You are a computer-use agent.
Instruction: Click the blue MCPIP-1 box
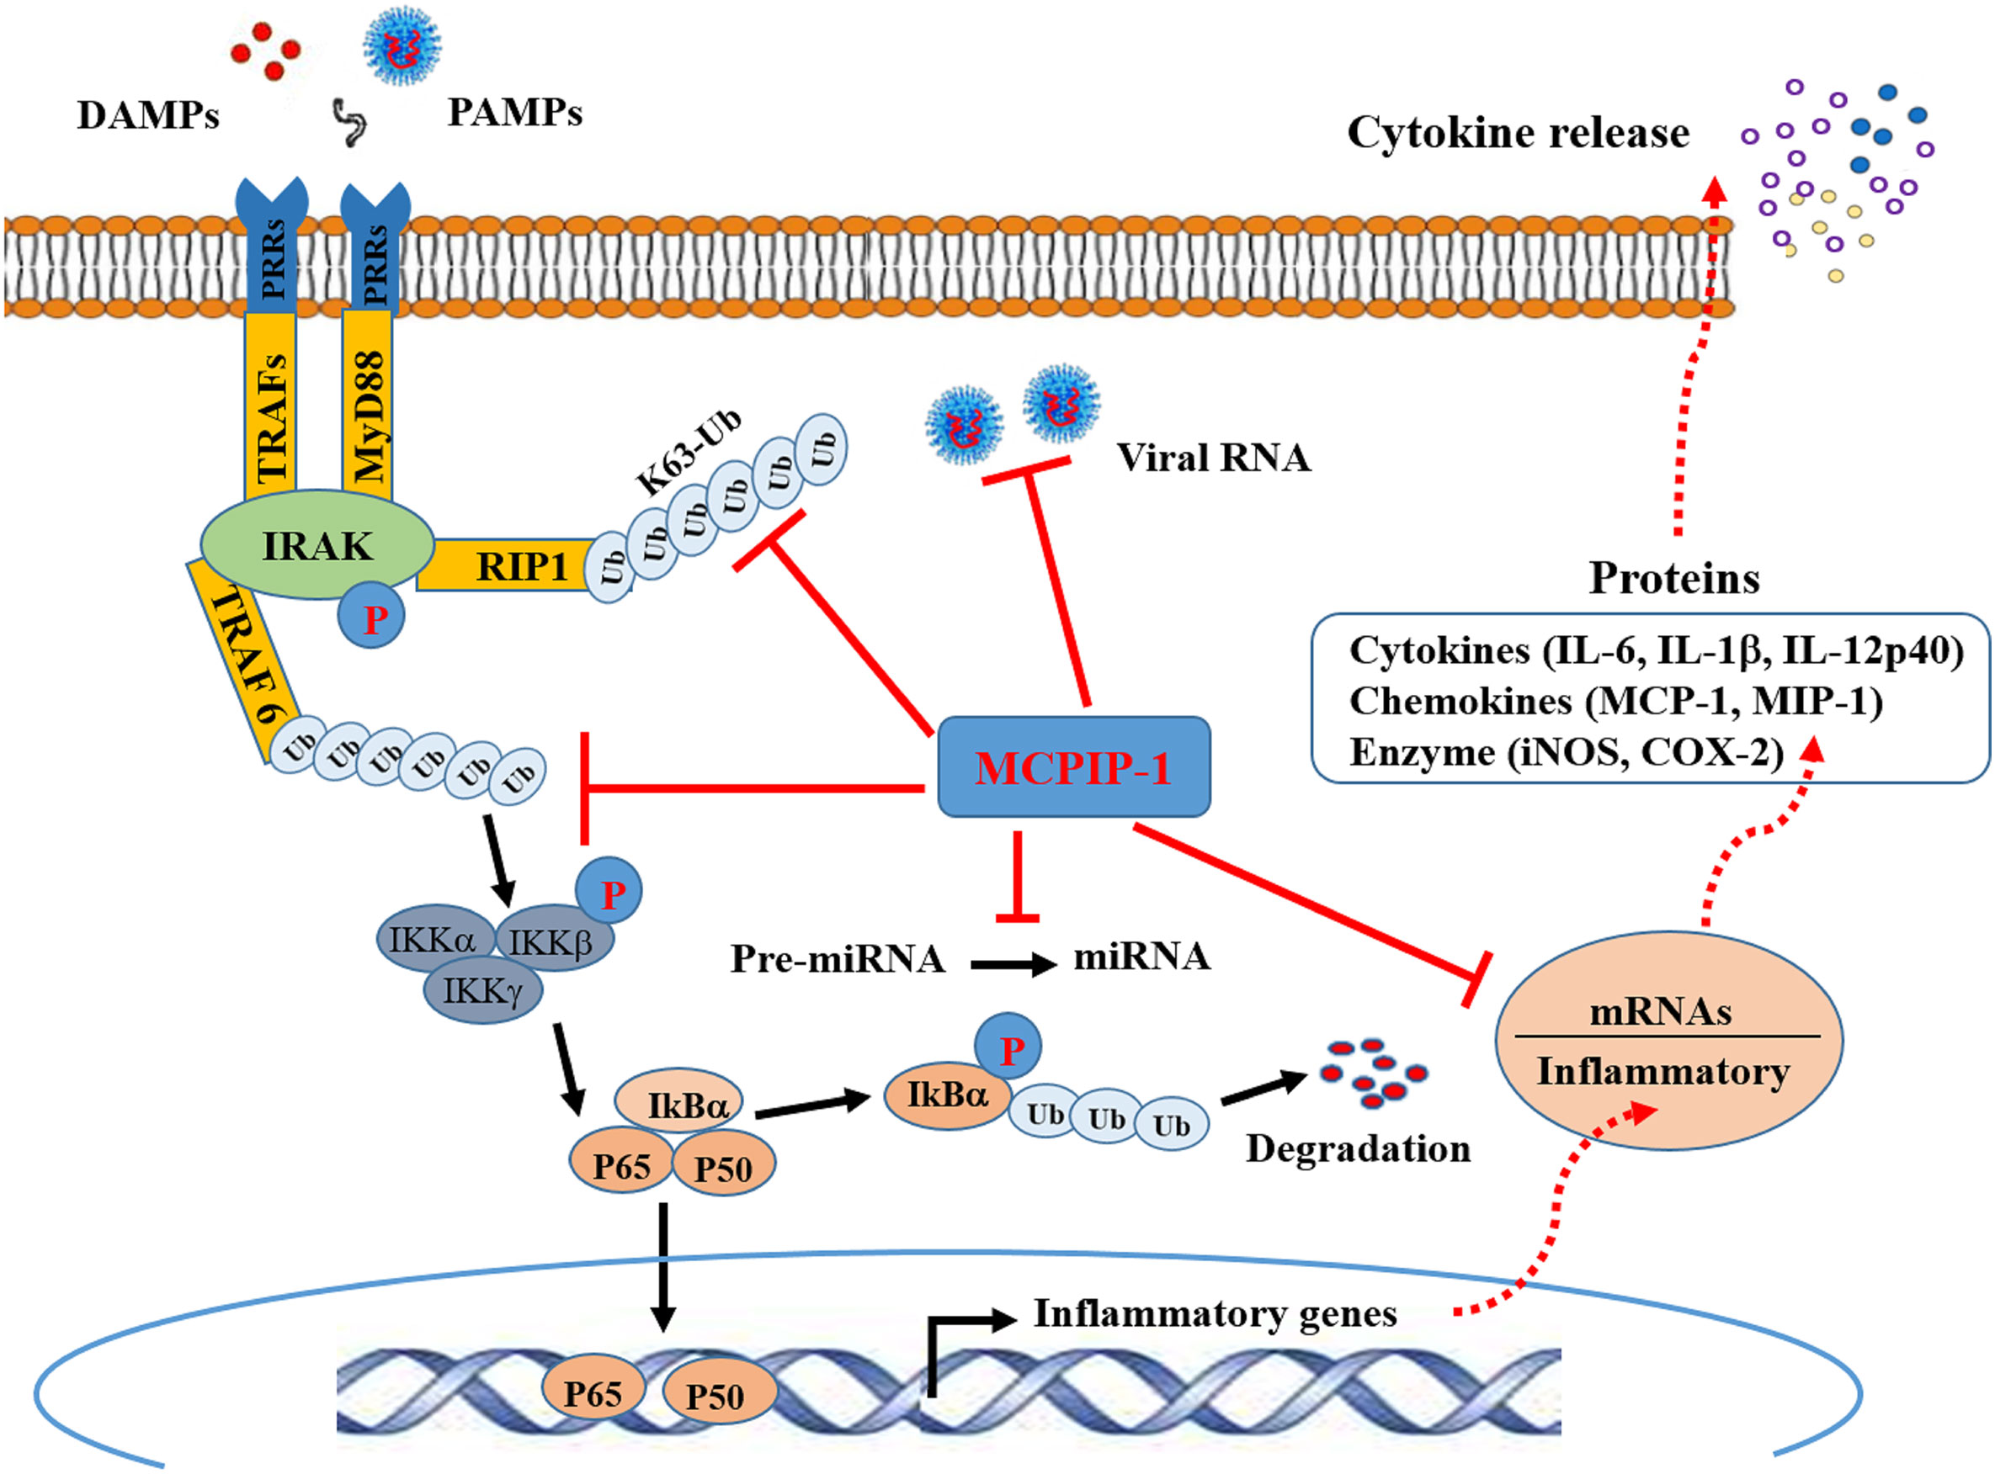pos(1073,766)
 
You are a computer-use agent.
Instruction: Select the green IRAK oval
pos(317,544)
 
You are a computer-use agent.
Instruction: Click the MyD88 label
pos(368,416)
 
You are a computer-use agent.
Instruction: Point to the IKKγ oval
pos(482,990)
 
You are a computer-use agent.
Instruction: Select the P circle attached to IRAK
pos(372,617)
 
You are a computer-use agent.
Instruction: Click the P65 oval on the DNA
pos(592,1392)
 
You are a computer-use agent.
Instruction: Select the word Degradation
pos(1357,1148)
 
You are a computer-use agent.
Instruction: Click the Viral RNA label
pos(1212,458)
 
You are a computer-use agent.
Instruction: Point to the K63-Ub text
pos(689,453)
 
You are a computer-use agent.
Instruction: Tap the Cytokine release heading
pos(1517,132)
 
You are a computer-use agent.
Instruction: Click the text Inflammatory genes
pos(1214,1313)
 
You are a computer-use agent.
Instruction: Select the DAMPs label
pos(147,115)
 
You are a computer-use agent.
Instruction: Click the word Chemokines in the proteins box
pos(1460,702)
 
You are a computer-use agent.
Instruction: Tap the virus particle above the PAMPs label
pos(402,45)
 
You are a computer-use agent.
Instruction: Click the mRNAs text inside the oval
pos(1660,1012)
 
